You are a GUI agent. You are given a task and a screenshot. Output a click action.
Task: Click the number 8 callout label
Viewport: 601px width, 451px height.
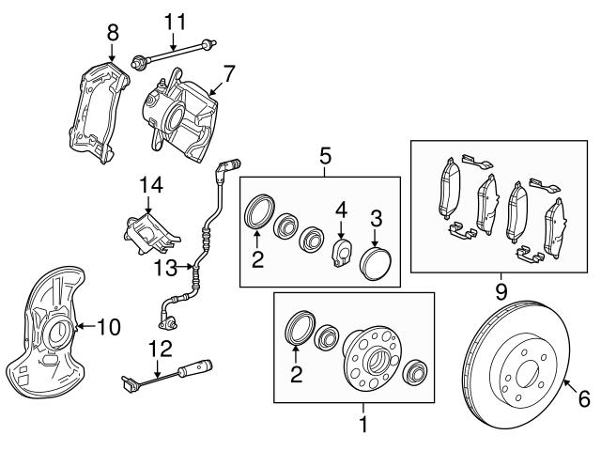tap(113, 32)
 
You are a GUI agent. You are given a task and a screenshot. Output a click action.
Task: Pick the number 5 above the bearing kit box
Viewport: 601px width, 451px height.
tap(325, 154)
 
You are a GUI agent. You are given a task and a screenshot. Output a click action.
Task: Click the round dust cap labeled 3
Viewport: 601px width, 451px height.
tap(377, 260)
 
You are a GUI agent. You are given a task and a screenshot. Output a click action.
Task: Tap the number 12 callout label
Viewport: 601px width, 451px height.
tap(161, 349)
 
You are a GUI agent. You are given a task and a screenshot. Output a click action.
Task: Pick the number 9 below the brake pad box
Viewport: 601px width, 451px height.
tap(501, 291)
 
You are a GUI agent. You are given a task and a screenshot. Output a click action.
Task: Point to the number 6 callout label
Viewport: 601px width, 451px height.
tap(583, 400)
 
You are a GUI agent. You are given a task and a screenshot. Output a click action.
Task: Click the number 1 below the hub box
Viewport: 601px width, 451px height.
tap(363, 425)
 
